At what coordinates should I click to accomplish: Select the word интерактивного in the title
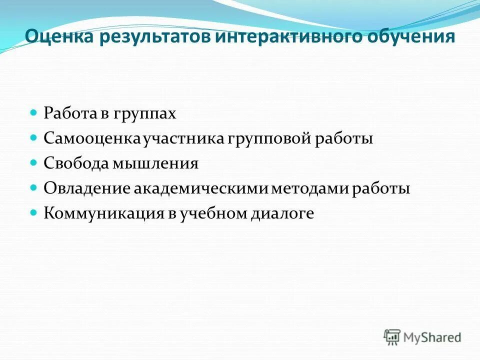point(267,37)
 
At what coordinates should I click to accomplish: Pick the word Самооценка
point(93,138)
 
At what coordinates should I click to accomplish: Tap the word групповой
point(263,138)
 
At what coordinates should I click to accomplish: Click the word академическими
point(202,188)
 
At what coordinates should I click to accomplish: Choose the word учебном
point(215,213)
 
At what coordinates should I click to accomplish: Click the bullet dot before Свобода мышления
point(34,163)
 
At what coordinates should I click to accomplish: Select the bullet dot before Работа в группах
point(34,113)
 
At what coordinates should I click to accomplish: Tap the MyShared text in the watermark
point(432,337)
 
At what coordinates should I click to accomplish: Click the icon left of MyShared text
point(392,336)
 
